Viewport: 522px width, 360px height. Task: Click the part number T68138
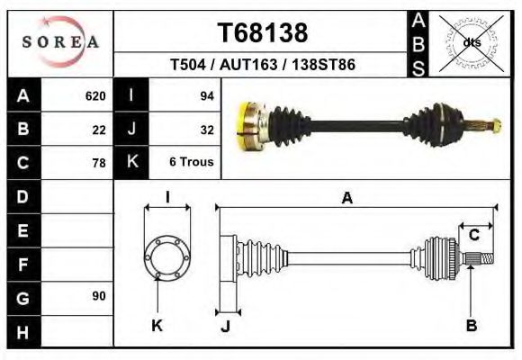[263, 33]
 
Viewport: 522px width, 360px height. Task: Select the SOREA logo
[60, 42]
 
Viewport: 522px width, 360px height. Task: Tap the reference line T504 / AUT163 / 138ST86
[262, 67]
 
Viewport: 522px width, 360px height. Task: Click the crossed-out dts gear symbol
[471, 41]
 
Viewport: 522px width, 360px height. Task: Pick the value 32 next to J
[206, 130]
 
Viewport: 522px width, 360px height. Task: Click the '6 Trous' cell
[190, 163]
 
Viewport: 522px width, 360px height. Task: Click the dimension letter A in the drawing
[346, 199]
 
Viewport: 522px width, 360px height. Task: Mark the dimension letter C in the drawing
[473, 235]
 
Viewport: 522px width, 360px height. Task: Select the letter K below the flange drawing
[156, 326]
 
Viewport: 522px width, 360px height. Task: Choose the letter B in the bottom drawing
[471, 326]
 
